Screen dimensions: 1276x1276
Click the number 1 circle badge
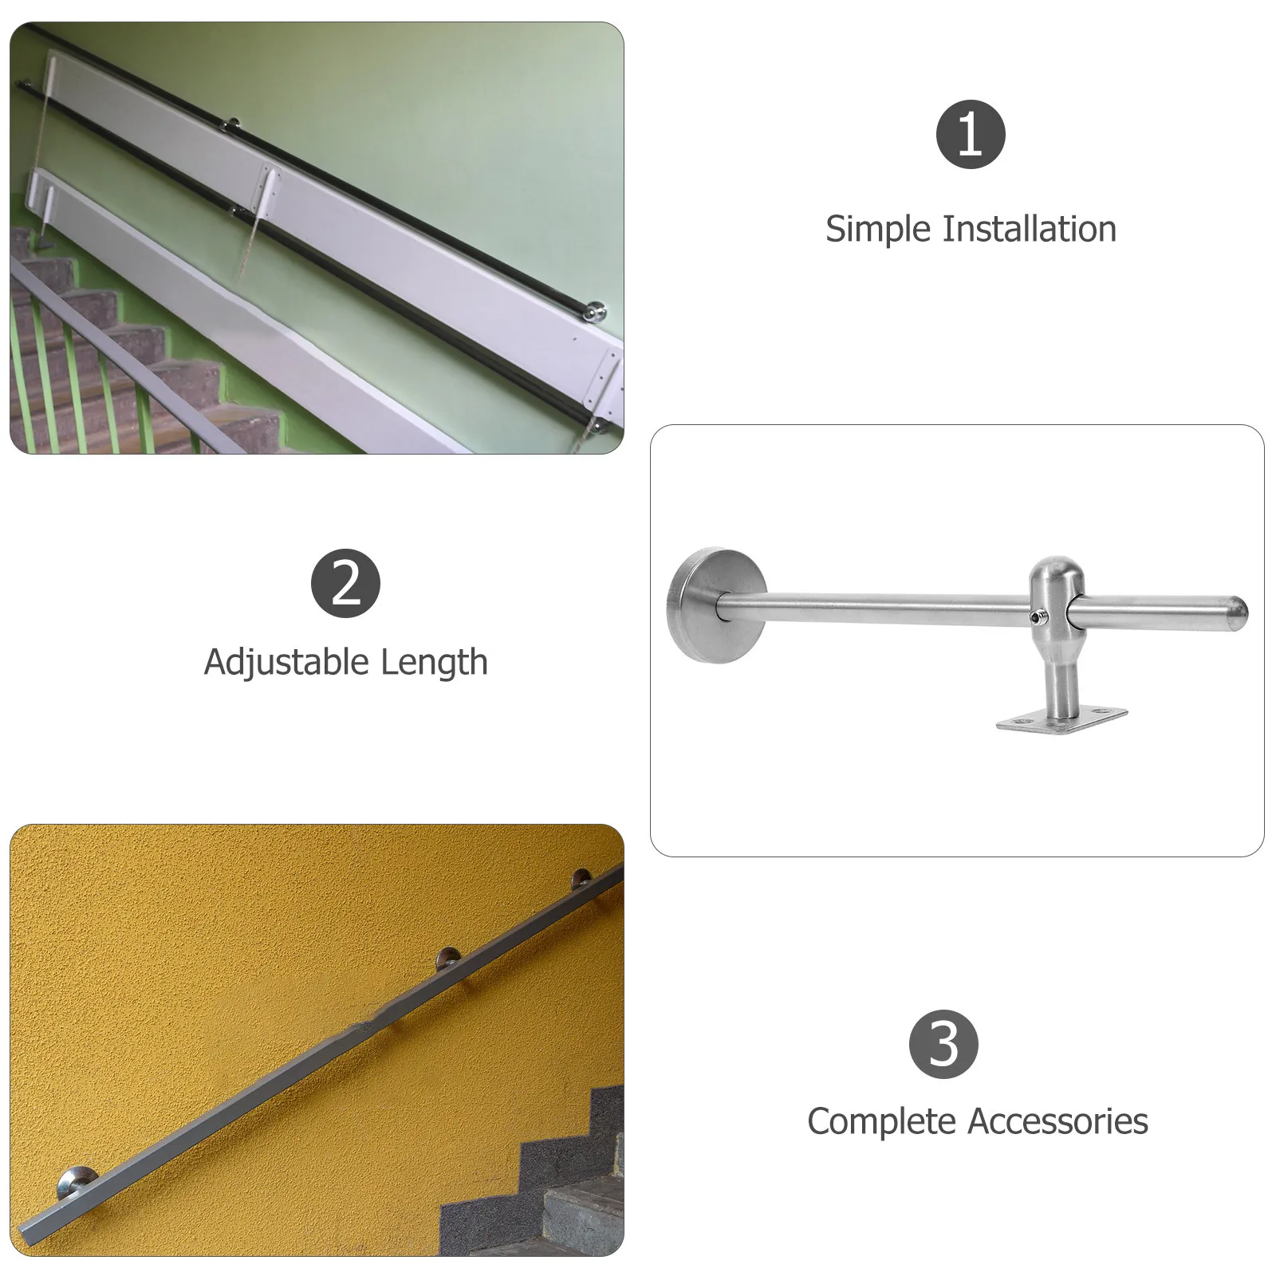click(970, 133)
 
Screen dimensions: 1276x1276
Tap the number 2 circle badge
click(345, 583)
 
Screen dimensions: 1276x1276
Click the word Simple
click(879, 230)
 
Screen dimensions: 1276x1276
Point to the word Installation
click(1030, 229)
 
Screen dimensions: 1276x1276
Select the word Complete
click(868, 1122)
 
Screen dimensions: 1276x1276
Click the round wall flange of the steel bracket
click(715, 605)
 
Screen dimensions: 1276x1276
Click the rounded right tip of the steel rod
click(1236, 608)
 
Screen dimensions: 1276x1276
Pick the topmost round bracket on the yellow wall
click(583, 880)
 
